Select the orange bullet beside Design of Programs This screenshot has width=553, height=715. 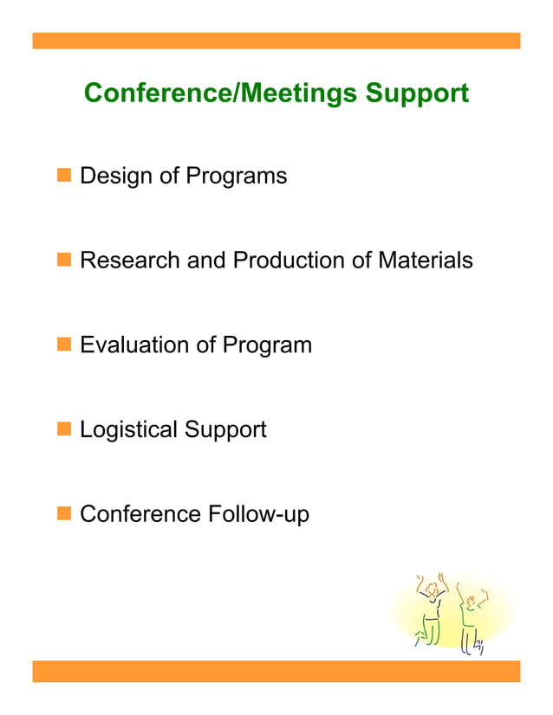pyautogui.click(x=63, y=176)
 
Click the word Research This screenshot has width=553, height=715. pyautogui.click(x=130, y=261)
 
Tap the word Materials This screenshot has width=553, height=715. pyautogui.click(x=425, y=261)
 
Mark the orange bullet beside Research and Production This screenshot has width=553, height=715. pyautogui.click(x=63, y=260)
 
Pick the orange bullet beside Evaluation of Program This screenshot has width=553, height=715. pyautogui.click(x=63, y=345)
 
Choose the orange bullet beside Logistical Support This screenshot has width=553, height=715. pyautogui.click(x=63, y=428)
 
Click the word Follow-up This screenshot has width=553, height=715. pyautogui.click(x=258, y=514)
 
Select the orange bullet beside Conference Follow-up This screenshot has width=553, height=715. pyautogui.click(x=63, y=513)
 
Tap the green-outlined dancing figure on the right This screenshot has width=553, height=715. pyautogui.click(x=471, y=616)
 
